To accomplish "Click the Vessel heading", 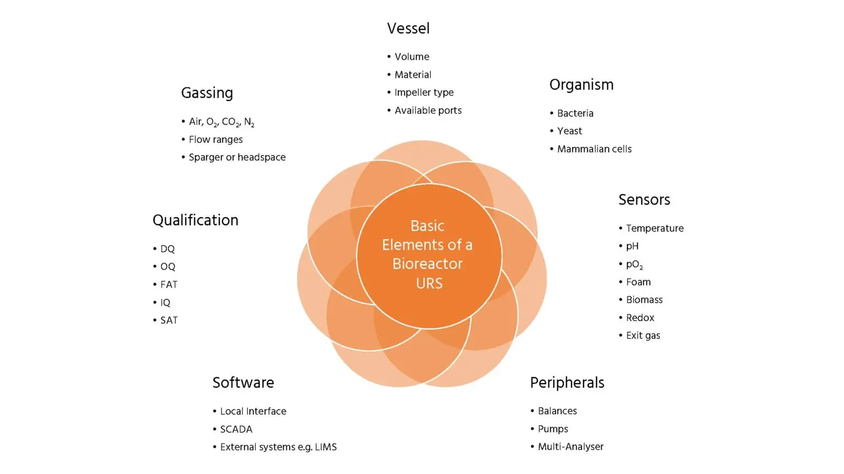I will (x=408, y=29).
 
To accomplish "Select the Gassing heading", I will (x=207, y=93).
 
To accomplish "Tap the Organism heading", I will (x=581, y=85).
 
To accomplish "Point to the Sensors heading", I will (x=644, y=200).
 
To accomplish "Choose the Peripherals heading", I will (x=567, y=383).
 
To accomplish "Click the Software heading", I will (x=243, y=383).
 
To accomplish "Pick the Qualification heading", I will (x=195, y=221).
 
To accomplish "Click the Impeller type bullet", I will (x=424, y=93).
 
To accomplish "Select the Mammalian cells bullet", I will (x=594, y=149).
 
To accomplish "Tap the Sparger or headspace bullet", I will (x=237, y=157).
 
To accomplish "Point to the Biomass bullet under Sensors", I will (x=644, y=300).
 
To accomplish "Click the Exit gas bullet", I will (x=643, y=336).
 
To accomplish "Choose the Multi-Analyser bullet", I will (x=570, y=447).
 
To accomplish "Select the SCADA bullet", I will (x=236, y=430).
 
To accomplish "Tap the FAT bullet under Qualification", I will (x=169, y=285).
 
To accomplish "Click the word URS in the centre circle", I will (x=429, y=284).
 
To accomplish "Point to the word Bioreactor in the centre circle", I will (x=427, y=264).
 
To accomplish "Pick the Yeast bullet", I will (x=569, y=131).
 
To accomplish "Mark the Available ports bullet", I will (x=428, y=111).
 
